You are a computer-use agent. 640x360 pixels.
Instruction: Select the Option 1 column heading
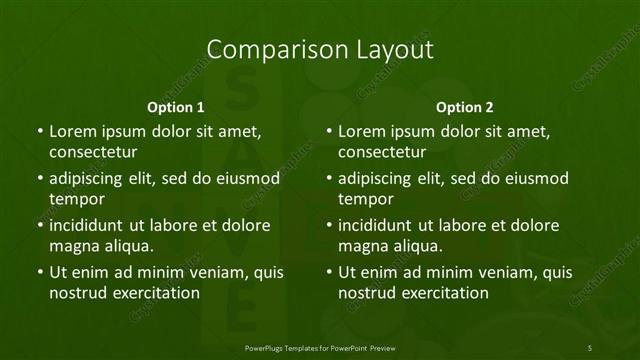click(176, 107)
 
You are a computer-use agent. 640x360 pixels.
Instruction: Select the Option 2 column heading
click(465, 107)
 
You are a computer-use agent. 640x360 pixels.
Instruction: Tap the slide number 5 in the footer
click(591, 346)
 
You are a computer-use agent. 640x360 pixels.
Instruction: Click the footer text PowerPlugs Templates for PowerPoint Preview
click(320, 346)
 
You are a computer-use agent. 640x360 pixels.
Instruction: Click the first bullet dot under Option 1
click(39, 131)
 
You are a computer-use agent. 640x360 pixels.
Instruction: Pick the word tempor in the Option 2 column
click(365, 199)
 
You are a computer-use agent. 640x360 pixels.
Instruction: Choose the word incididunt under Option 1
click(89, 225)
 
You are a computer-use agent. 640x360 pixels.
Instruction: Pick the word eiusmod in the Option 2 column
click(534, 178)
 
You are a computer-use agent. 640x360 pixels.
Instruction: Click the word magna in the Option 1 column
click(72, 246)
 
